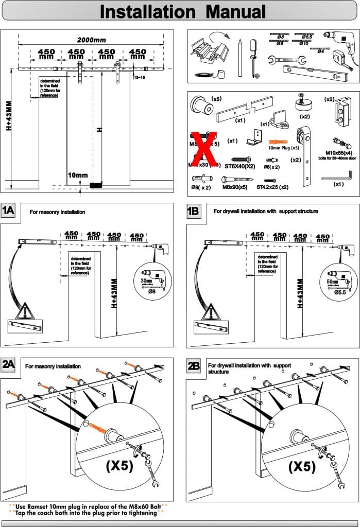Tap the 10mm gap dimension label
click(78, 175)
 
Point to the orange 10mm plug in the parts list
click(277, 140)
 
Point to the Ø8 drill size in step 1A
click(152, 291)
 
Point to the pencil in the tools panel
click(240, 56)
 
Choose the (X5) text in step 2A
click(119, 466)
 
